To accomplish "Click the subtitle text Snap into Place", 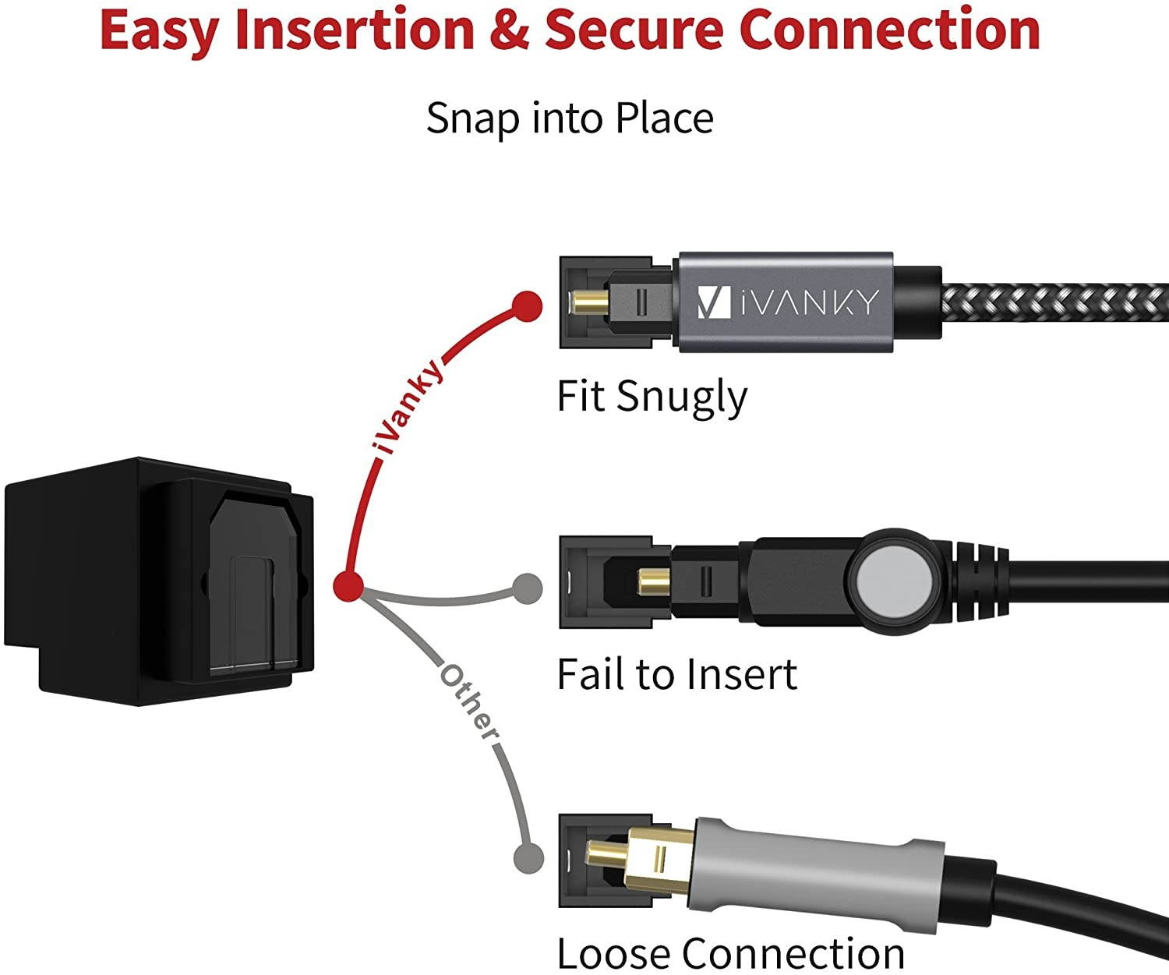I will [x=570, y=118].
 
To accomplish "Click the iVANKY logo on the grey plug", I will [x=787, y=302].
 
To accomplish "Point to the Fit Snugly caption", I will [x=652, y=396].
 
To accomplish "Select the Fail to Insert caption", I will [x=676, y=674].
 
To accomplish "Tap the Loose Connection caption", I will [x=730, y=952].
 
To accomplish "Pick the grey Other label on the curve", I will [x=468, y=702].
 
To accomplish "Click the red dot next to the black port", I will [x=348, y=585].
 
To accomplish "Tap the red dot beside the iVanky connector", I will [x=528, y=306].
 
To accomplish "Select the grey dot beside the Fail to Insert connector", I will [x=528, y=588].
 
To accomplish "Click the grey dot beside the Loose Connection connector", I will [x=528, y=859].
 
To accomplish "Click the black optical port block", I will [x=156, y=581].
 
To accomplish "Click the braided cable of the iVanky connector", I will [x=1052, y=302].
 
